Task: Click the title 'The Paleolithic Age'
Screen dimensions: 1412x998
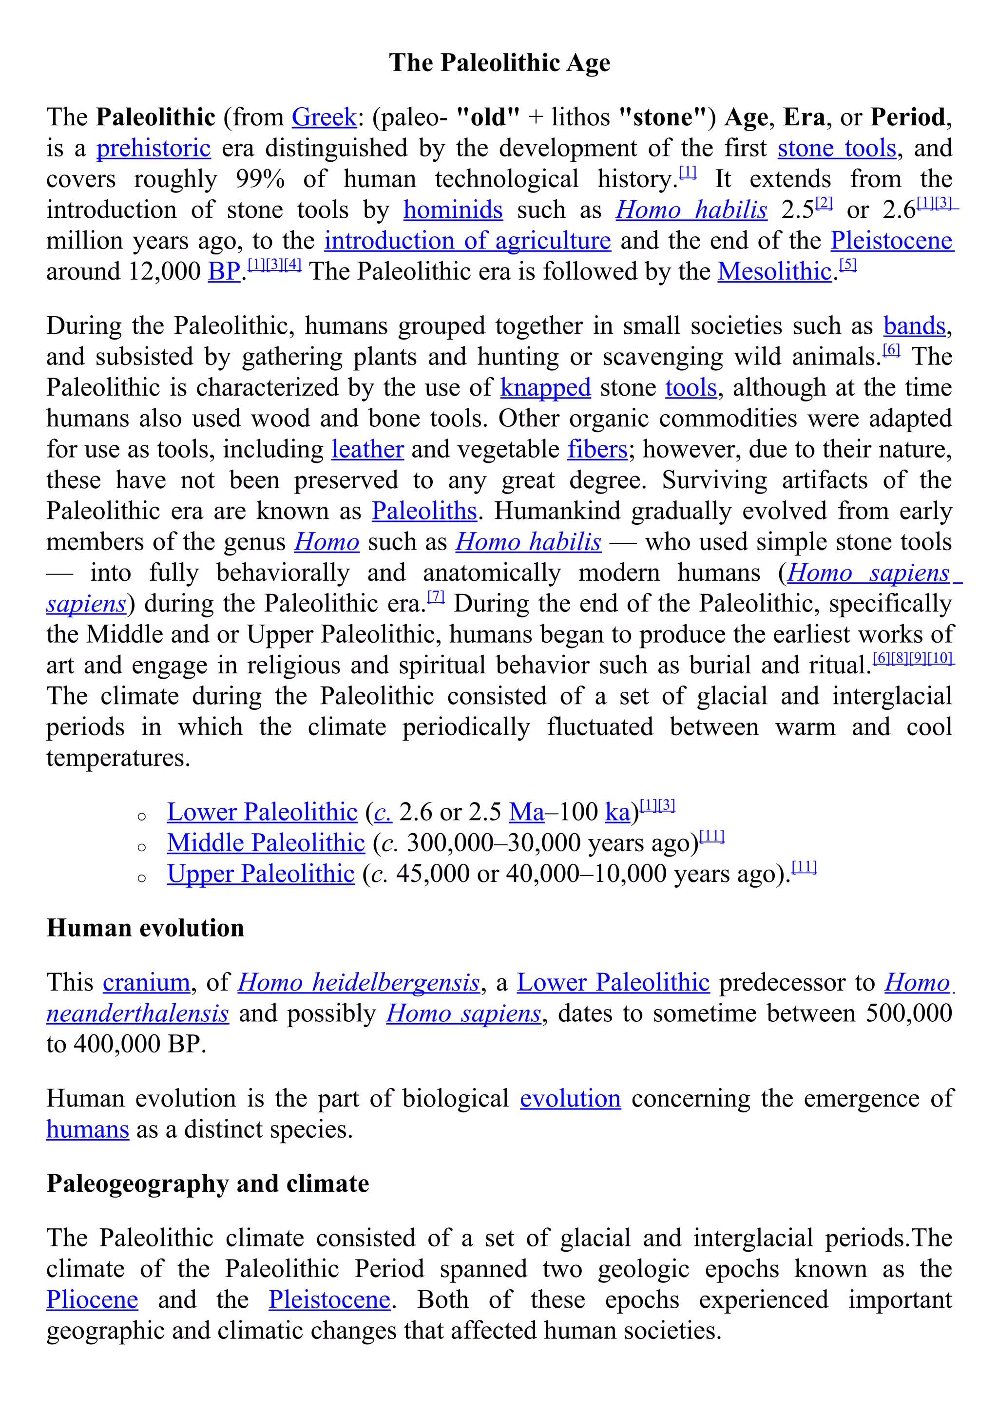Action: (499, 63)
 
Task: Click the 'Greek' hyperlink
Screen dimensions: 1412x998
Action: (324, 117)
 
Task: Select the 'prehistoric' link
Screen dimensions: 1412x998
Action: (153, 148)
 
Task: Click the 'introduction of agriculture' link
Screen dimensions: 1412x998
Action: (467, 241)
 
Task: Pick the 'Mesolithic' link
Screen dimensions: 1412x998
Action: (775, 272)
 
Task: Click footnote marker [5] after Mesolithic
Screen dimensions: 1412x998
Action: (848, 265)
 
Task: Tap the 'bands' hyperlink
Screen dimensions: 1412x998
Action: (914, 326)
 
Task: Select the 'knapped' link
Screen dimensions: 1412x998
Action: (545, 388)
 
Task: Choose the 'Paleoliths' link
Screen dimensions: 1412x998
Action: (424, 511)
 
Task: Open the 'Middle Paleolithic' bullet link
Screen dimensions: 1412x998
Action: (266, 843)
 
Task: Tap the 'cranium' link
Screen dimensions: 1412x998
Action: (146, 983)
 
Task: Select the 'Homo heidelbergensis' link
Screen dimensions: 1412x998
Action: (359, 983)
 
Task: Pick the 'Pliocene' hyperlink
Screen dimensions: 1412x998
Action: (92, 1300)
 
